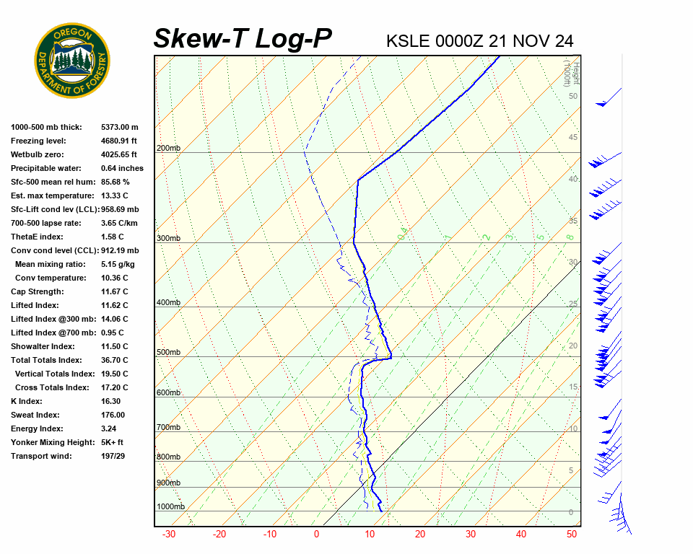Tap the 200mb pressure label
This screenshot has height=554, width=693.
click(168, 149)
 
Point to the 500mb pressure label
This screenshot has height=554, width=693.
click(168, 353)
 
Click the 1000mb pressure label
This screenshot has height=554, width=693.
click(170, 507)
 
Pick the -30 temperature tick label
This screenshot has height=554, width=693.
click(169, 535)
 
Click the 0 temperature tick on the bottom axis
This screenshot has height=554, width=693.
click(316, 535)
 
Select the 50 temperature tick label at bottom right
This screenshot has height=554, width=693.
click(572, 535)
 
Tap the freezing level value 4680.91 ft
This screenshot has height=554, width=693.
click(119, 141)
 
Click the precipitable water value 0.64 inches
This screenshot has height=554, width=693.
click(122, 169)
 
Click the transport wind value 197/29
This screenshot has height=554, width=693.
click(114, 457)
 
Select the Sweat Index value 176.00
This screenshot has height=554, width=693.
click(113, 415)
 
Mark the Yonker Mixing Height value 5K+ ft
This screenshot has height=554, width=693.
click(113, 443)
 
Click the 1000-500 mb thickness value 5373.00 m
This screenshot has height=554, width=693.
click(120, 128)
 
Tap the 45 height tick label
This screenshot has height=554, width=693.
click(573, 138)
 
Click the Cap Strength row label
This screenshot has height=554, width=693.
click(37, 292)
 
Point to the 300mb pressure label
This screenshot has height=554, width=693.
click(168, 239)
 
